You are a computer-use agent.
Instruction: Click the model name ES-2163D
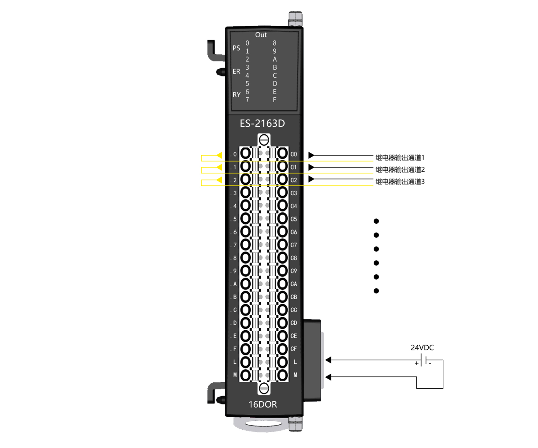[262, 124]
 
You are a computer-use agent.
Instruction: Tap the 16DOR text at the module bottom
[262, 405]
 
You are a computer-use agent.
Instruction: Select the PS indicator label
[236, 48]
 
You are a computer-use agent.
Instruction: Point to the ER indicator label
[236, 71]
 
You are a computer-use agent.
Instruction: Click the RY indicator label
[236, 95]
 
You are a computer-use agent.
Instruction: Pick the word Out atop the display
[261, 35]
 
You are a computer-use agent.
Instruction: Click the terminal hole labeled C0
[282, 153]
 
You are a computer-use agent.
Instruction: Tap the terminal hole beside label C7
[282, 245]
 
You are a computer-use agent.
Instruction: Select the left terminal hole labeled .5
[246, 218]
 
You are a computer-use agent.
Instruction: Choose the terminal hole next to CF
[282, 349]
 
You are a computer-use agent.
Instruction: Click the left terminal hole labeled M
[246, 375]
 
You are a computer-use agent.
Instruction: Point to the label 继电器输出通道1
[400, 158]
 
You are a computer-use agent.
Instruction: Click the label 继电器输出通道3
[400, 182]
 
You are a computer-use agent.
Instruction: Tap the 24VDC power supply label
[422, 348]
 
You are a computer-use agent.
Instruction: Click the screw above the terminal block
[264, 140]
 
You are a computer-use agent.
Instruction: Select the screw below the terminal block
[264, 388]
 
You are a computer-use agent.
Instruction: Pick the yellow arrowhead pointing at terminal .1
[219, 167]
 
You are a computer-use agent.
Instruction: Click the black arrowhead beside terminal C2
[311, 179]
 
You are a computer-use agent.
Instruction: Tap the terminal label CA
[294, 284]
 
